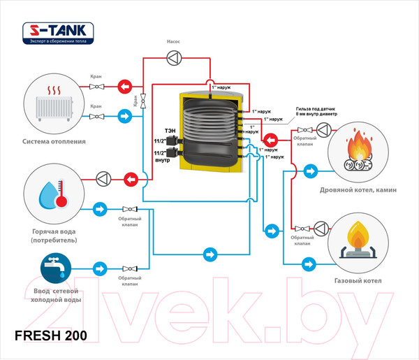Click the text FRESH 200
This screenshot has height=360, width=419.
coord(51,336)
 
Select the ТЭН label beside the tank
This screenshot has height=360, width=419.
coord(170,131)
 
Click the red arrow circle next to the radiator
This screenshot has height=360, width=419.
coord(124,87)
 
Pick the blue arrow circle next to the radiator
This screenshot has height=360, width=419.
coord(124,117)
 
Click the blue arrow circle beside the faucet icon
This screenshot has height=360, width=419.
coord(101,268)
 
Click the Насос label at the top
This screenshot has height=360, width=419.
coord(173,41)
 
